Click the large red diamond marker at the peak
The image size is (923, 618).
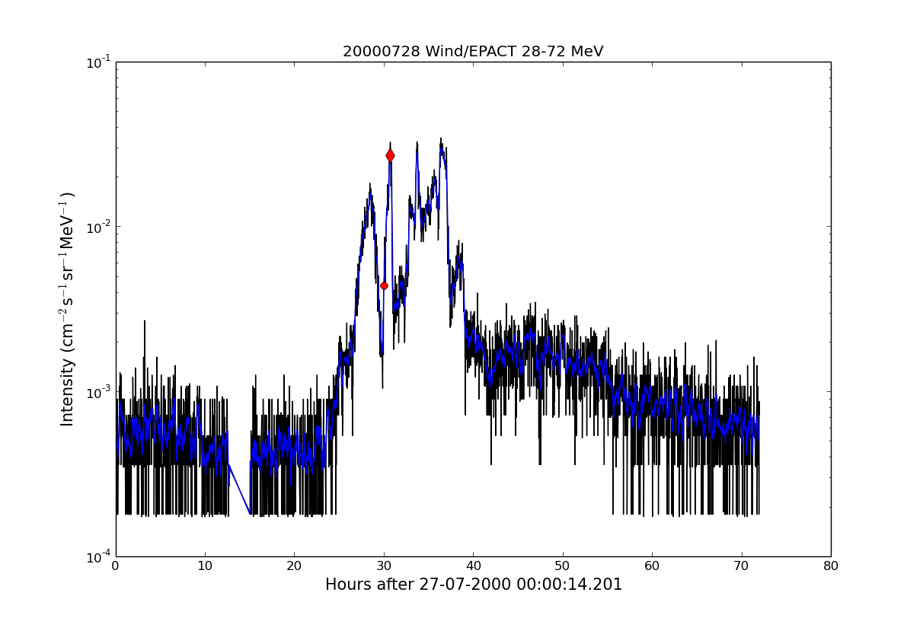[x=390, y=155]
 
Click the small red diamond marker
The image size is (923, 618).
[x=384, y=285]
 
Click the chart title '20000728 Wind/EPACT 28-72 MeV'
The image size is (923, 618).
[x=472, y=52]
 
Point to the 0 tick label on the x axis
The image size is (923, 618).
[x=116, y=565]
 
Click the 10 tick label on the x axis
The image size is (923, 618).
[x=205, y=565]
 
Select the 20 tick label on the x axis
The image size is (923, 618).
[x=294, y=565]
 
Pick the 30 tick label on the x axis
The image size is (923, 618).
[x=384, y=565]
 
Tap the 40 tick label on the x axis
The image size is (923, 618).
[x=473, y=565]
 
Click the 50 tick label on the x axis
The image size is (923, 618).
[x=562, y=565]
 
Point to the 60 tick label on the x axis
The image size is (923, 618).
[x=652, y=565]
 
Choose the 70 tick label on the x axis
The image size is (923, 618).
[x=741, y=565]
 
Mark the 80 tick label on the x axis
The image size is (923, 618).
[x=830, y=565]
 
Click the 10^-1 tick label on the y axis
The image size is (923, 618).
[x=97, y=62]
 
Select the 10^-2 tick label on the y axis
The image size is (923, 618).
[x=97, y=227]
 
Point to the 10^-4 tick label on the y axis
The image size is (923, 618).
[x=97, y=556]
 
